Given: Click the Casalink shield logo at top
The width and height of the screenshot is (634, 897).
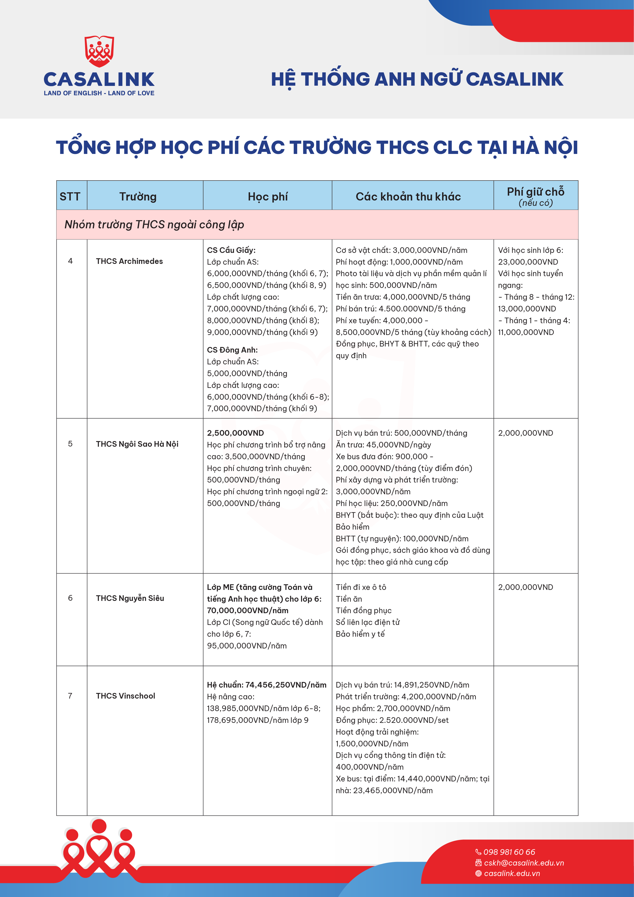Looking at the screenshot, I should [99, 51].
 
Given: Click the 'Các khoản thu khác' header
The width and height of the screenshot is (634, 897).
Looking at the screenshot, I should [408, 197].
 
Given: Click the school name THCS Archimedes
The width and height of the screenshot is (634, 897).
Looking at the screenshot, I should [129, 261].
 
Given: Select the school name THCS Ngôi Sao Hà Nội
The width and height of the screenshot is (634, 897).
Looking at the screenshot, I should [137, 444].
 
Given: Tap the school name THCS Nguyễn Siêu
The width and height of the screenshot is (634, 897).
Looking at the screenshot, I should [130, 598].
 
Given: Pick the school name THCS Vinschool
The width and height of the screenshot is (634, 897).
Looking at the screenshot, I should [125, 696].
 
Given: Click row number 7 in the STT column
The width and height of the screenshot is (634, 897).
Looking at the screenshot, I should [70, 696].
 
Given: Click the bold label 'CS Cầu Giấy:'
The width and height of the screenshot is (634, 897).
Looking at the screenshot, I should [231, 250].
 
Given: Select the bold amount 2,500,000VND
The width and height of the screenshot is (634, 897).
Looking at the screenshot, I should [235, 433].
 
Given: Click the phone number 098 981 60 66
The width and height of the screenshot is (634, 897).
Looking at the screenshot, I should [509, 852].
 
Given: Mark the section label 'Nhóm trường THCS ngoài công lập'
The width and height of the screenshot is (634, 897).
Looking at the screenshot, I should [154, 225].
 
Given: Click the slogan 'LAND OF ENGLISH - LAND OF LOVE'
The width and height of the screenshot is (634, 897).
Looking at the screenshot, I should [99, 93].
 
